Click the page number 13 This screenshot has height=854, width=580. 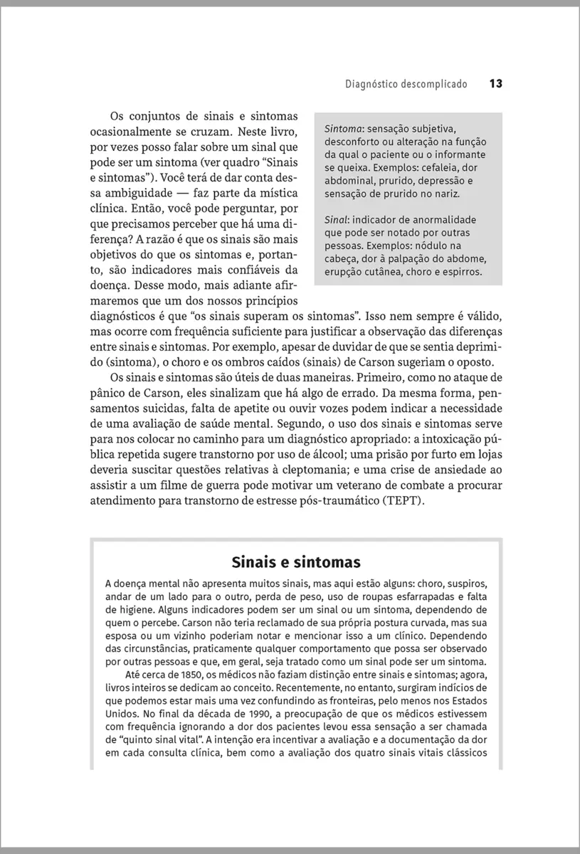[x=495, y=83]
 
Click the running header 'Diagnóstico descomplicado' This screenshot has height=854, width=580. [x=406, y=84]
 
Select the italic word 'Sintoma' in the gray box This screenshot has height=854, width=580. [x=343, y=129]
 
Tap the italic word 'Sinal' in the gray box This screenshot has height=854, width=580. [x=337, y=220]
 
